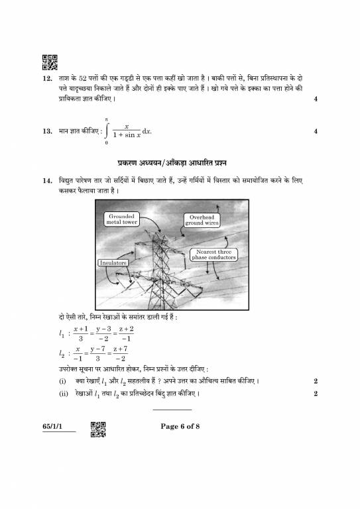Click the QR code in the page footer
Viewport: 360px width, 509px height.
tap(97, 429)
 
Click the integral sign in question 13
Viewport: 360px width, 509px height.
tap(106, 131)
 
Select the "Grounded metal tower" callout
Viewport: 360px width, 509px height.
tap(121, 219)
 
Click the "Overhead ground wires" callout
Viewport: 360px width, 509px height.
tap(202, 221)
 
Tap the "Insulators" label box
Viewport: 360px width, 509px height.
tap(113, 263)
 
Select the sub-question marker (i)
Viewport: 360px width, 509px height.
tap(62, 382)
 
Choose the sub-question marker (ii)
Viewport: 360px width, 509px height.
tap(63, 394)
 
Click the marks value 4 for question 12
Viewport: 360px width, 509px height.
tap(316, 99)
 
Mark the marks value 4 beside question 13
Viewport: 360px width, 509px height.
tap(316, 131)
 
